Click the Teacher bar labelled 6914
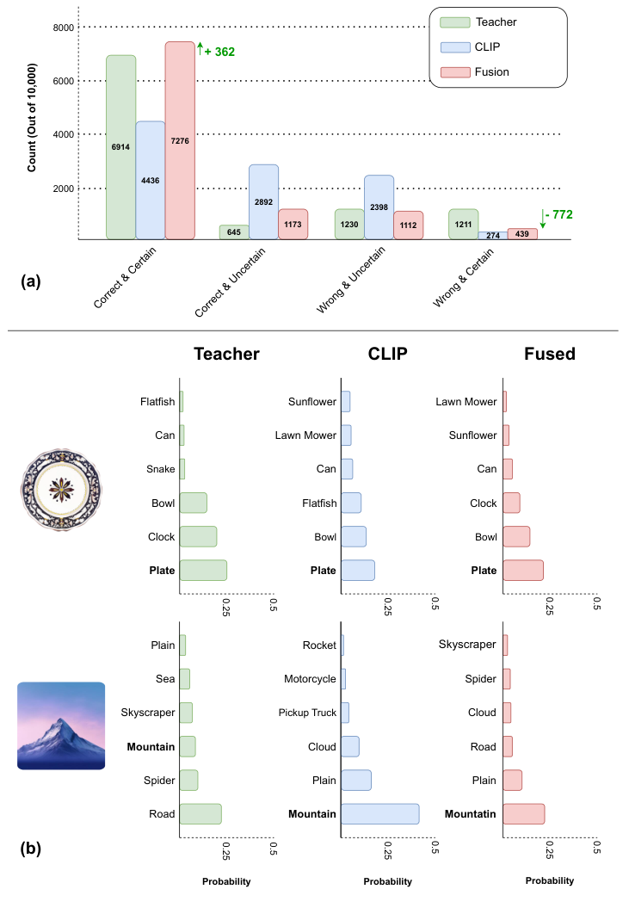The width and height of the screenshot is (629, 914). pos(121,147)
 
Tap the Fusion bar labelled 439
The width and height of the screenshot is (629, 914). pos(523,233)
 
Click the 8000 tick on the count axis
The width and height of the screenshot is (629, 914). pos(61,27)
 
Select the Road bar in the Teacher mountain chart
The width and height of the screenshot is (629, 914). pos(200,814)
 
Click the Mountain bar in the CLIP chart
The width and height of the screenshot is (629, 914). pos(379,814)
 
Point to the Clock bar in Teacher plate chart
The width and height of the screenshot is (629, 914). pos(198,536)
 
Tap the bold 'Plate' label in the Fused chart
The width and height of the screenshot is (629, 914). pos(484,570)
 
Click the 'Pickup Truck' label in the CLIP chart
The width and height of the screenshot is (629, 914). pos(307,713)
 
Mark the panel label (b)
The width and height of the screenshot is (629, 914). pos(30,850)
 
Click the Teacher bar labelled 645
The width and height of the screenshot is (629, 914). pos(234,232)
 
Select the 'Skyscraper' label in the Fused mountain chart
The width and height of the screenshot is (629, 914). pos(468,645)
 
